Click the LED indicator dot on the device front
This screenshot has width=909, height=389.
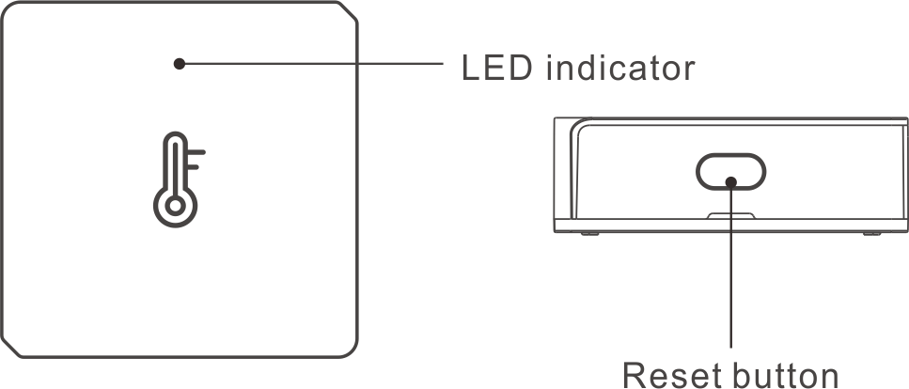[x=180, y=64]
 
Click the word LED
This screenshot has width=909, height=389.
[x=496, y=68]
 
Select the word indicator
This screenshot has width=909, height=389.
[x=620, y=68]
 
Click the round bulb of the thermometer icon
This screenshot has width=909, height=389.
[x=175, y=205]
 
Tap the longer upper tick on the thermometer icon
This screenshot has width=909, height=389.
[x=196, y=153]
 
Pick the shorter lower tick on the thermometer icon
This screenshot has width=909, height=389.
[x=193, y=167]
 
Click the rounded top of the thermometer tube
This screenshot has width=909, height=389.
[x=175, y=136]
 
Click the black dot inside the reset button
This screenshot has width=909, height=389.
[x=731, y=182]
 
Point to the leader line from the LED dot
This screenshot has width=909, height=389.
[x=314, y=63]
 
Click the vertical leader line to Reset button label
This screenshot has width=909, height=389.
[x=731, y=267]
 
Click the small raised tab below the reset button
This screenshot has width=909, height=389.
[x=731, y=216]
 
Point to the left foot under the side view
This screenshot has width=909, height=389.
[x=590, y=234]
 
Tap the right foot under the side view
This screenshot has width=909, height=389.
[x=872, y=234]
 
